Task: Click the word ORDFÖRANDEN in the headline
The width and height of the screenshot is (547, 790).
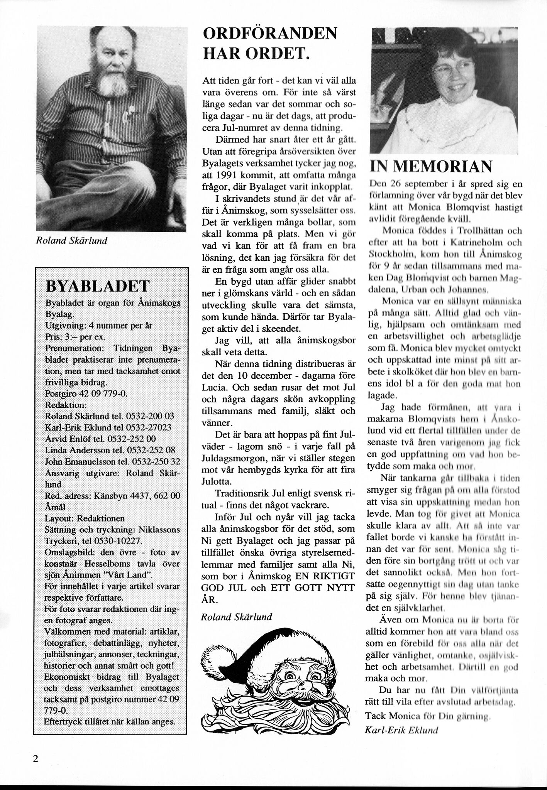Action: pyautogui.click(x=270, y=34)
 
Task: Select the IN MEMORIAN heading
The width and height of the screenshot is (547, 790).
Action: pyautogui.click(x=431, y=166)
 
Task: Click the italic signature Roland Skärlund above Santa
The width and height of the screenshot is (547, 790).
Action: pyautogui.click(x=236, y=617)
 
